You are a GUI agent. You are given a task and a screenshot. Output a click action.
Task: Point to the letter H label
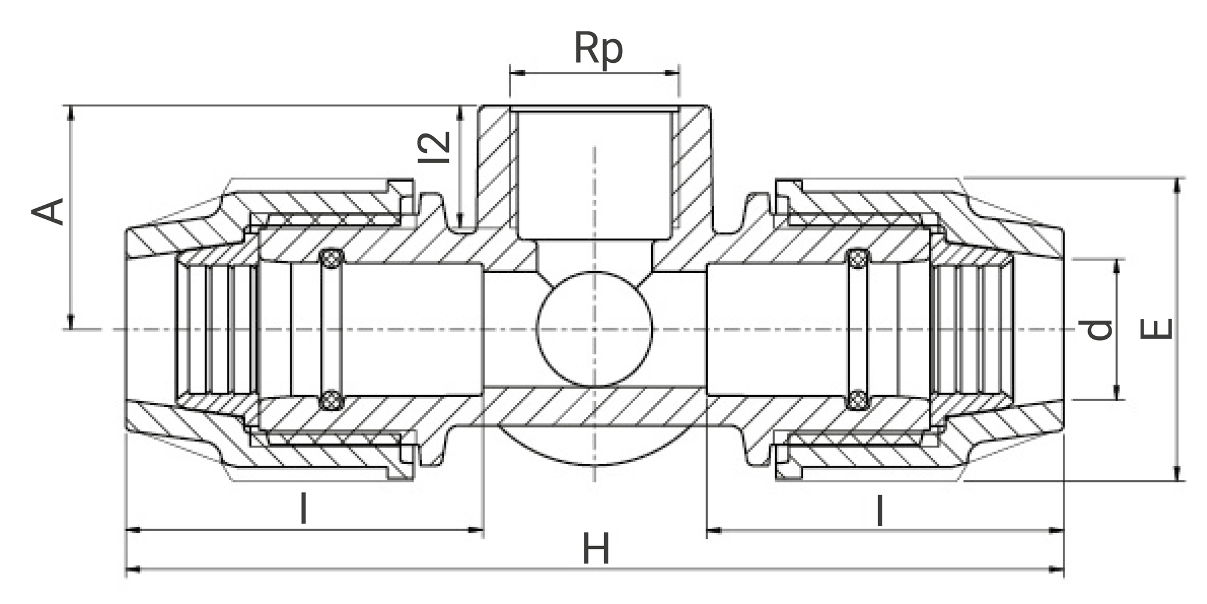(596, 550)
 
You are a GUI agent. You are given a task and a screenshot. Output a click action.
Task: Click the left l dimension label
(304, 509)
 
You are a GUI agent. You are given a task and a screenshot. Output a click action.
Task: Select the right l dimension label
(881, 510)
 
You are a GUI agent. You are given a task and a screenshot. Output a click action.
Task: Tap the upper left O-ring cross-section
(331, 259)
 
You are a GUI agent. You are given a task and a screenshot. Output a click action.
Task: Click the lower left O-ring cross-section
(331, 400)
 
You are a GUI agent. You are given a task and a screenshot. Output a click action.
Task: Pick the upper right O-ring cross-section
(858, 259)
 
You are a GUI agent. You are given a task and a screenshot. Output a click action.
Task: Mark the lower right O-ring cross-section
(858, 400)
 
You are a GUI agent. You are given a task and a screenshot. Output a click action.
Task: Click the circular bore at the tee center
(595, 329)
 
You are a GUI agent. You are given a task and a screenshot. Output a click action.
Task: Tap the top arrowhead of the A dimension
(72, 112)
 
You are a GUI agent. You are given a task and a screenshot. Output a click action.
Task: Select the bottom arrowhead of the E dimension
(1177, 474)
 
